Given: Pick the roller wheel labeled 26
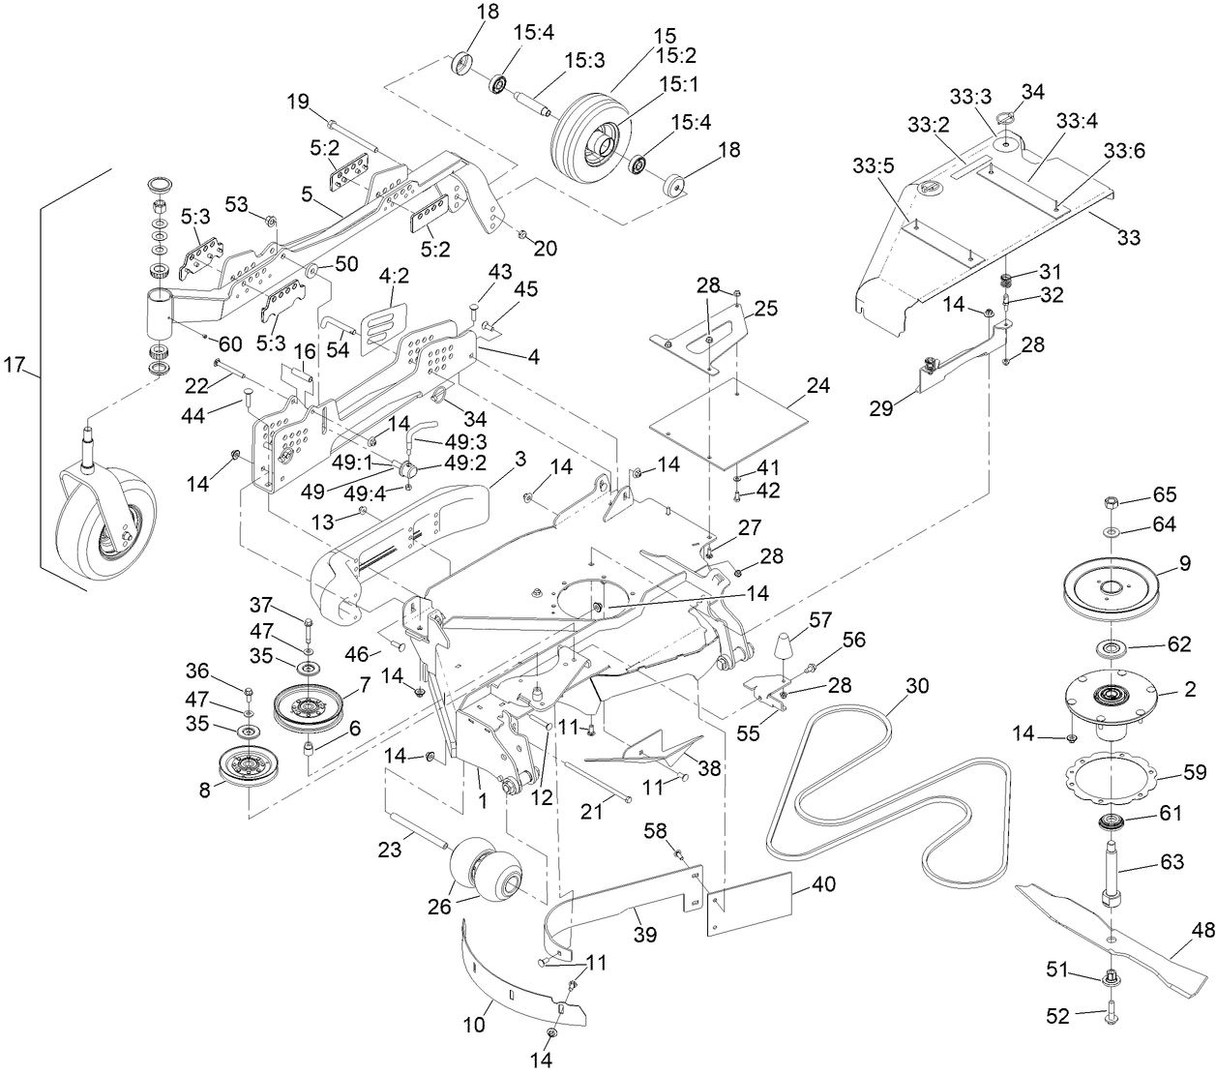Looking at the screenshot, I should (x=493, y=868).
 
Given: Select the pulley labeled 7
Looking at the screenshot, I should (x=310, y=711).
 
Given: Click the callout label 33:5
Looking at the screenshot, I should (x=873, y=165).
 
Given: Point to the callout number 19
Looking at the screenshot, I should (x=298, y=101).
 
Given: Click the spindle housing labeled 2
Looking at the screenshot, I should (x=1113, y=699).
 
